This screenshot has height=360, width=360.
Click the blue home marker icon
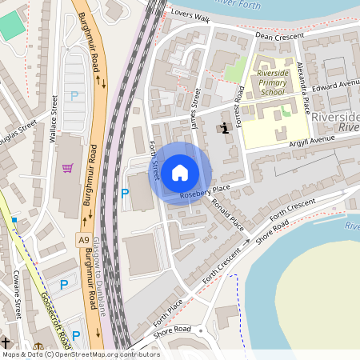pos(181,172)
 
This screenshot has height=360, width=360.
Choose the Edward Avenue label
pos(335,83)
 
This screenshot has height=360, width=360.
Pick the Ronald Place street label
pos(228,214)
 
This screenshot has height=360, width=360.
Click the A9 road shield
pos(84,239)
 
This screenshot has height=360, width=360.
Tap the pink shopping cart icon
pos(68,168)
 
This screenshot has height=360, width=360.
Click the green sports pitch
pos(12,26)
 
